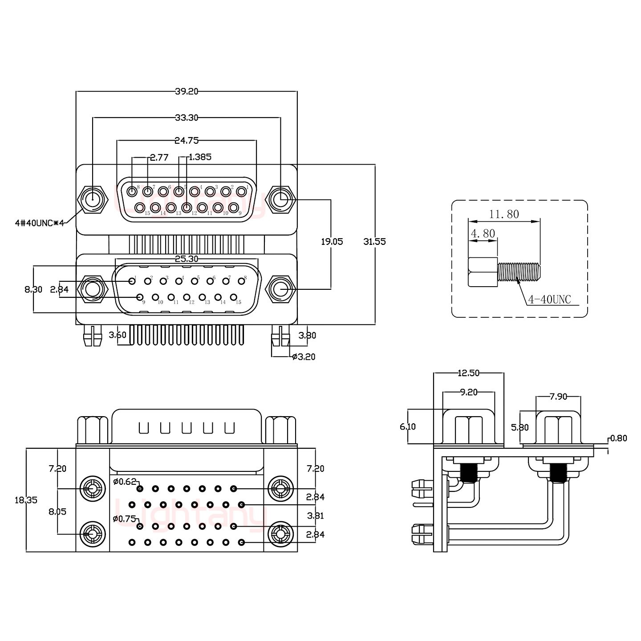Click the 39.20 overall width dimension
click(186, 92)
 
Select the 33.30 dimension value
click(186, 118)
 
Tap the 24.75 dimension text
click(186, 141)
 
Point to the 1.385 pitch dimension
click(200, 157)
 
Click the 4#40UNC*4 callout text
click(39, 223)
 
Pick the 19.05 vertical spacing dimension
click(332, 242)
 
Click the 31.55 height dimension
click(374, 242)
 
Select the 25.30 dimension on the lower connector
click(187, 259)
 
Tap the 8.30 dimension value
click(33, 289)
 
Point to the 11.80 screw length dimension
click(504, 214)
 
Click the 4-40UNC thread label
click(549, 300)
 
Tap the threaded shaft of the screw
click(519, 272)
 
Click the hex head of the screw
click(483, 272)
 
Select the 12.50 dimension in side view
click(468, 373)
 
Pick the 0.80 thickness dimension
click(618, 438)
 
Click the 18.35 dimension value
click(26, 500)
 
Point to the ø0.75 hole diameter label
click(124, 519)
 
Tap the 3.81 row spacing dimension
click(315, 516)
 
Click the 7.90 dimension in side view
click(558, 396)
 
